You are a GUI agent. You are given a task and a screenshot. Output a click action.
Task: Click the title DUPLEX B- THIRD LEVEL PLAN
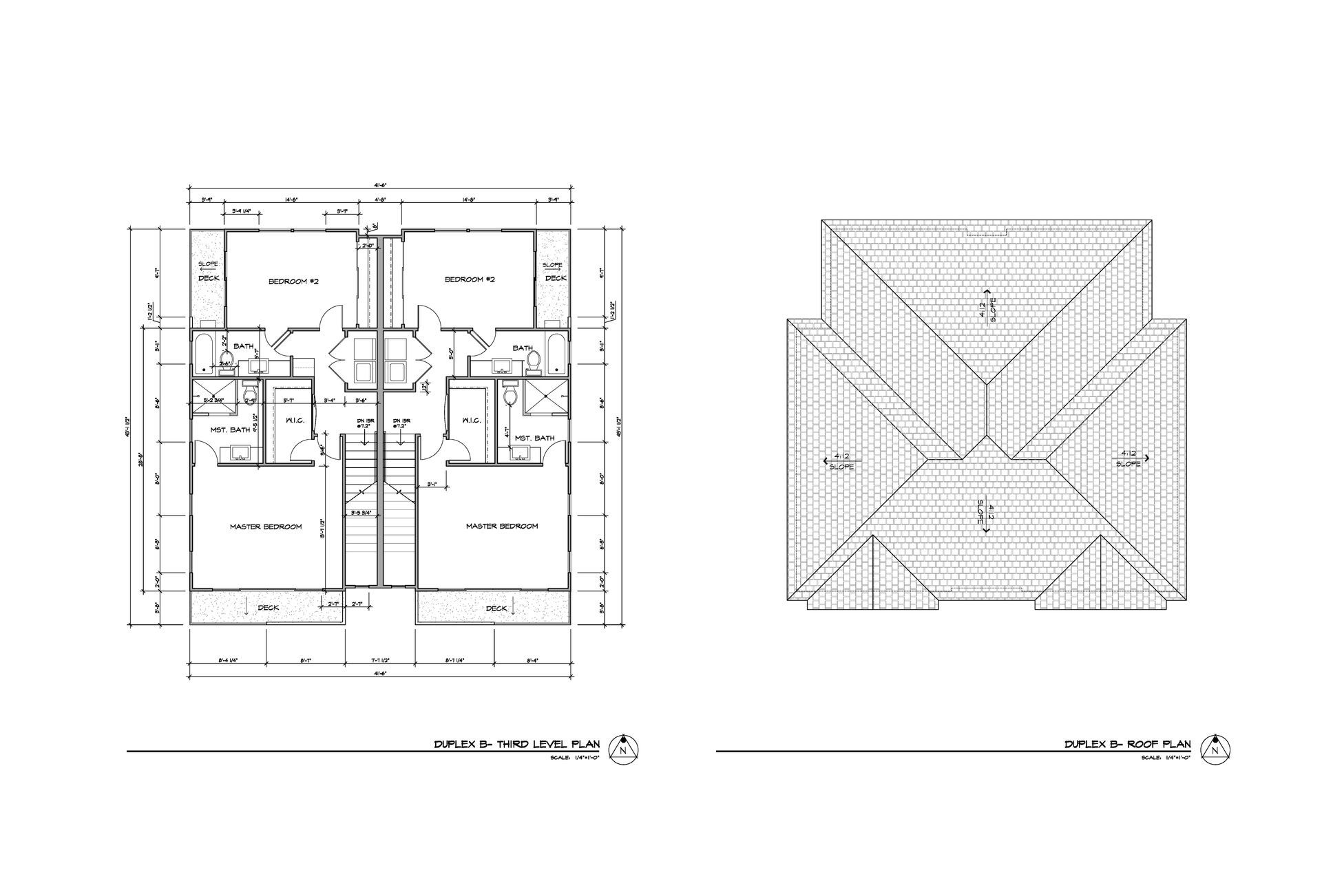[516, 744]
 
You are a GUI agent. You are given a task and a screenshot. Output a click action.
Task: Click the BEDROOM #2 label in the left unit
[293, 281]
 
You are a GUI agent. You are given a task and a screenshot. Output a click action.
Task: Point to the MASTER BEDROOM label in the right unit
[501, 527]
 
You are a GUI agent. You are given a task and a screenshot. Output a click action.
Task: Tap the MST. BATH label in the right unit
[534, 438]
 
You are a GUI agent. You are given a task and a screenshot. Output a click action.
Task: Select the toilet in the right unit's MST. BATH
[510, 394]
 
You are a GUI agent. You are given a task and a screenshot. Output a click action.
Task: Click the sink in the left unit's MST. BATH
[241, 453]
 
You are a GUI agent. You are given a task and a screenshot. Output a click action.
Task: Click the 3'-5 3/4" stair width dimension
[361, 513]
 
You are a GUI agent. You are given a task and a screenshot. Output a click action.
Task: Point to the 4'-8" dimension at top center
[380, 200]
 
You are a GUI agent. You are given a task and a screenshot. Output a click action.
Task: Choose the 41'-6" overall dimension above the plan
[380, 184]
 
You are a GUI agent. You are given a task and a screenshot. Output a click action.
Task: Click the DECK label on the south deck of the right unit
[496, 608]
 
